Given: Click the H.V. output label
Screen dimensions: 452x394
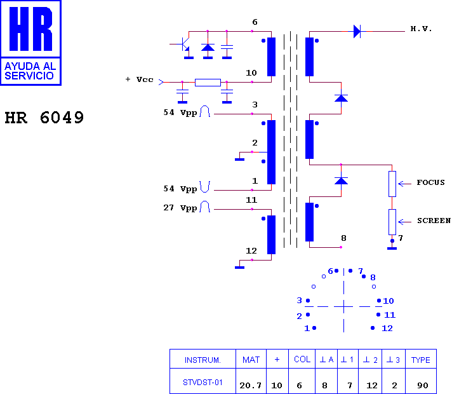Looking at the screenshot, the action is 421,29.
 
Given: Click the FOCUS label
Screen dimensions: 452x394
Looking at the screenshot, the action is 430,182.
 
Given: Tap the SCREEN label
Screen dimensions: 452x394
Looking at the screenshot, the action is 434,221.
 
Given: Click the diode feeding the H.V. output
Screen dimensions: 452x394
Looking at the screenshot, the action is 357,31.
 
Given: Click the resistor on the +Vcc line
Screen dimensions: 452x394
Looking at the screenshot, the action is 208,83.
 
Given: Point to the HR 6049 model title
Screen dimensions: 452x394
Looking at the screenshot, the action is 44,118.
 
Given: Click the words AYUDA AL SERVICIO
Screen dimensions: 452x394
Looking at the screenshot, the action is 30,71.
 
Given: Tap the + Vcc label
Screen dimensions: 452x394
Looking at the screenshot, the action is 140,79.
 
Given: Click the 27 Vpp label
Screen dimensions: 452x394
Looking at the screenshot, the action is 180,208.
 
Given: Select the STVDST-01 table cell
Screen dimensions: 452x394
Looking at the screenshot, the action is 203,383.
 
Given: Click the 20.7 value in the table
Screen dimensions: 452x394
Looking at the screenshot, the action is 251,385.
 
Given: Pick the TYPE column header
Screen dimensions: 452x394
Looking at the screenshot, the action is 421,360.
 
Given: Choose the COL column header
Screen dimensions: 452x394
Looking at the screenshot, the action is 302,359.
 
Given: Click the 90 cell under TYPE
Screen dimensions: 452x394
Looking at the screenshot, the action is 423,385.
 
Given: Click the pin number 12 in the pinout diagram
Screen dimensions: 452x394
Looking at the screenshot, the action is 387,329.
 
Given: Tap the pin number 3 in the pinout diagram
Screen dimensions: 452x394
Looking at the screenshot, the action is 299,301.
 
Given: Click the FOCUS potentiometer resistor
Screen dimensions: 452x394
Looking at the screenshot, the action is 392,184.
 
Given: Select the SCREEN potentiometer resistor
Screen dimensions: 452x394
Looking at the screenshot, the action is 392,222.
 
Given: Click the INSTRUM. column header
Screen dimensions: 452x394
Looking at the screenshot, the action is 203,360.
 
